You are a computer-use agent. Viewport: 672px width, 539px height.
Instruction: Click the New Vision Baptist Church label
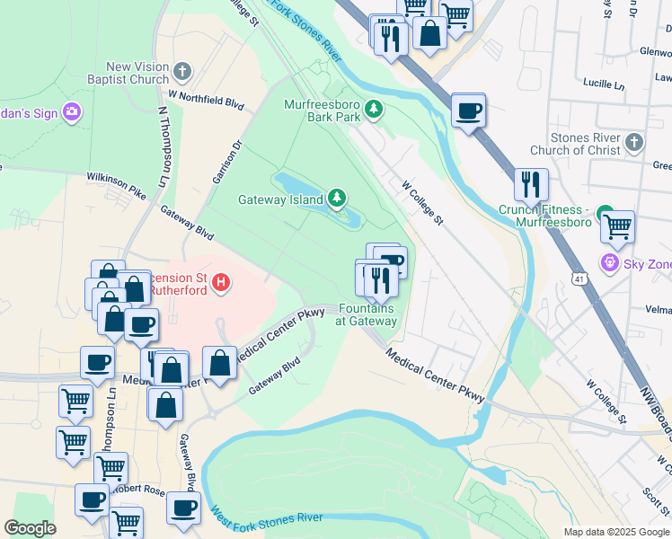point(137,73)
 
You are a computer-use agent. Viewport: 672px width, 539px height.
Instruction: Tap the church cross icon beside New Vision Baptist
point(183,71)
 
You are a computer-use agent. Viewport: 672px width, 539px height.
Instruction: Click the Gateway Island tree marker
point(337,197)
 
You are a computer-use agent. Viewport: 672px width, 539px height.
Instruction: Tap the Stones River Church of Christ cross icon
point(634,143)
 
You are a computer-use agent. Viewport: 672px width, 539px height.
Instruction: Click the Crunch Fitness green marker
point(607,217)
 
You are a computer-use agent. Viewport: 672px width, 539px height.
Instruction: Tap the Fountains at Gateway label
point(367,314)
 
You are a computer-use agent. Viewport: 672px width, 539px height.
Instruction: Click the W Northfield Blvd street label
point(207,99)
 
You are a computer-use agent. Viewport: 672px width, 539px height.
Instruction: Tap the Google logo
point(30,528)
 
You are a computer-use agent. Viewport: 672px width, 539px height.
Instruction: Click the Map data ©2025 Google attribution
point(615,532)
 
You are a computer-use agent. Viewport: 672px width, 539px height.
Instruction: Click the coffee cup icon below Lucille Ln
point(468,111)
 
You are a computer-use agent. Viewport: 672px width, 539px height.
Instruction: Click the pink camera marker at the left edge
point(71,113)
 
